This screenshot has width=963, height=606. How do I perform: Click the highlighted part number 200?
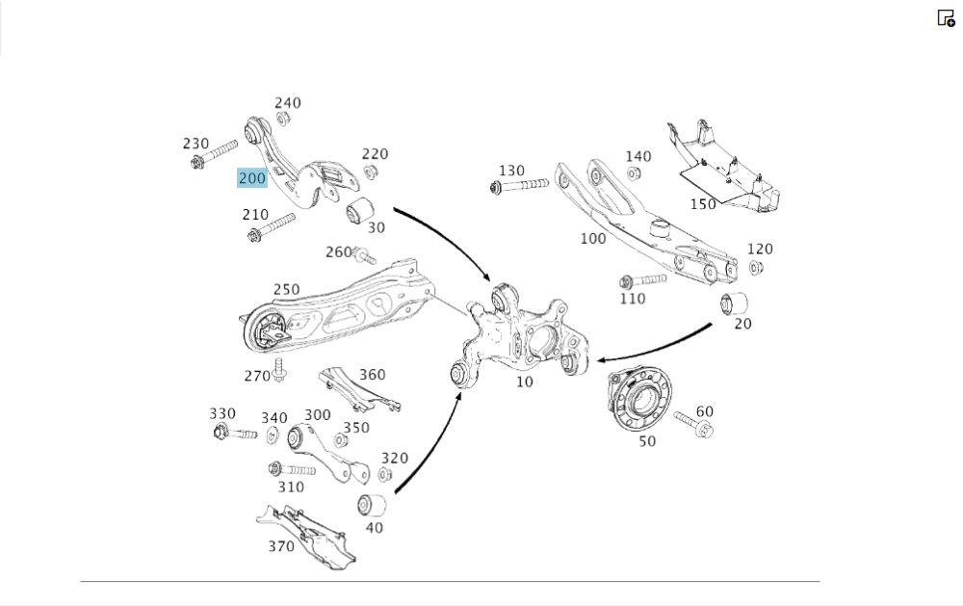tap(251, 178)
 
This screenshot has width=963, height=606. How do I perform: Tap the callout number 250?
tap(286, 289)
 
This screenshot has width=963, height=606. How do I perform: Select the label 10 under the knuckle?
tap(524, 382)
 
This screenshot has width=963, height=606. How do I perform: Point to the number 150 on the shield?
tap(703, 204)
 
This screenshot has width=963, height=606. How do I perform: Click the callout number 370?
tap(281, 547)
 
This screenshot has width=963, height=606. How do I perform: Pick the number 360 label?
tap(372, 375)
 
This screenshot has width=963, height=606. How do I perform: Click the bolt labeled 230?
tap(214, 155)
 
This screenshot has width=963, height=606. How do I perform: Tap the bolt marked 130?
tap(519, 185)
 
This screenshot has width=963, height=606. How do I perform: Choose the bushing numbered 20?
tap(736, 303)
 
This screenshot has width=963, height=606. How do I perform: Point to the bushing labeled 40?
tap(372, 504)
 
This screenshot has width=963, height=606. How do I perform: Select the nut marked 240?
tap(283, 119)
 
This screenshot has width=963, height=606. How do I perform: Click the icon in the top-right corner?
tap(946, 17)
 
